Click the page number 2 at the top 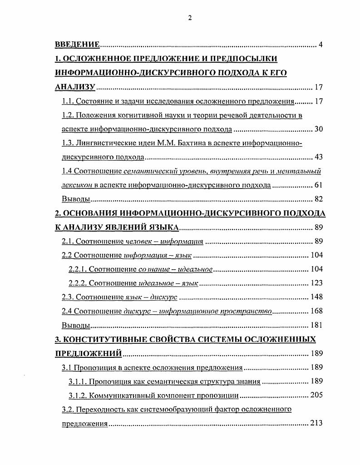[x=190, y=18]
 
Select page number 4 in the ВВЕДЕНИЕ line [x=321, y=45]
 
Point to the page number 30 [x=318, y=129]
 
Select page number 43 [x=318, y=157]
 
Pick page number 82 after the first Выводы [x=318, y=199]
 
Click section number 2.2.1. [x=77, y=269]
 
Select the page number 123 [x=316, y=283]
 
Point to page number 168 [x=316, y=311]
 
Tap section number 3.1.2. [x=77, y=395]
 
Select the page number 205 [x=316, y=395]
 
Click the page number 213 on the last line [x=316, y=423]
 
